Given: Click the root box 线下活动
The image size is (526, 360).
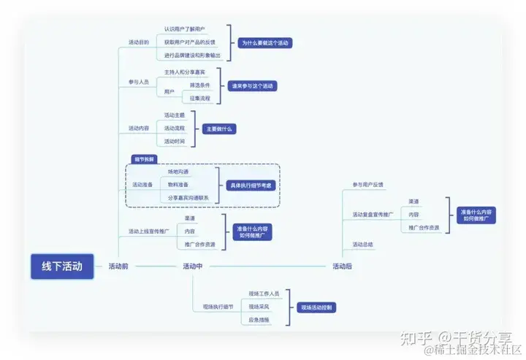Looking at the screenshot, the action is click(x=62, y=267).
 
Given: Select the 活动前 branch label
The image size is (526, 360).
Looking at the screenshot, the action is click(x=118, y=267).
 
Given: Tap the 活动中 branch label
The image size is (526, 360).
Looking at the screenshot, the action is click(x=193, y=267).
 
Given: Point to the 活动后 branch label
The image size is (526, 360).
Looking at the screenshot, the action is click(x=342, y=267).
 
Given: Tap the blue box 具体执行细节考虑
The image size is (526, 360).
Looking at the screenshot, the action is click(x=250, y=185).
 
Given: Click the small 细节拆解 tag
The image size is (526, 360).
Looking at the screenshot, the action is click(x=144, y=158).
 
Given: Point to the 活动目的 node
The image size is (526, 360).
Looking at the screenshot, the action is click(x=139, y=42).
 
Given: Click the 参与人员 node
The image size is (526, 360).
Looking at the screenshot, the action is click(x=139, y=83).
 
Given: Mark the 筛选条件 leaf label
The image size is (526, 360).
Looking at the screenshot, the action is click(x=192, y=85).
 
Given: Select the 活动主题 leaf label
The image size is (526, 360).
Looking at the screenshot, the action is click(x=175, y=115).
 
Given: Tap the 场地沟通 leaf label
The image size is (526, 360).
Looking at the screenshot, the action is click(x=178, y=172).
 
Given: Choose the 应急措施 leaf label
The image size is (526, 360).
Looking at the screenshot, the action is click(x=259, y=320).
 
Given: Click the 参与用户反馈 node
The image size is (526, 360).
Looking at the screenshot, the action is click(x=368, y=185).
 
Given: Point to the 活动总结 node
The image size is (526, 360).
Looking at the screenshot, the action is click(x=363, y=245).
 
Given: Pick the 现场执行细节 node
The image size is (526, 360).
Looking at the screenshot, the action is click(x=218, y=307).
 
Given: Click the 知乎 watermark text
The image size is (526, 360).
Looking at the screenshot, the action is click(x=411, y=337).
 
